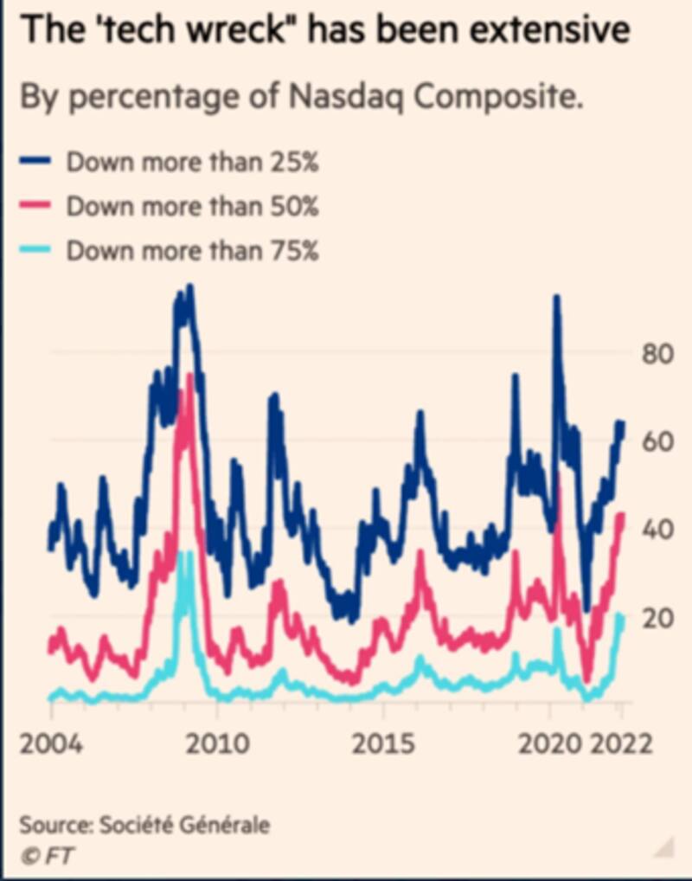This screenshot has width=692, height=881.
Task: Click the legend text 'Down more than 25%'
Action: [193, 162]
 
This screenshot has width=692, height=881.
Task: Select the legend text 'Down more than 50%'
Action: [193, 207]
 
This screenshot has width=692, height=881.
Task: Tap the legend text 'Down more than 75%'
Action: [193, 251]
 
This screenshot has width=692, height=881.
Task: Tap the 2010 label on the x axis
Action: [219, 743]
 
